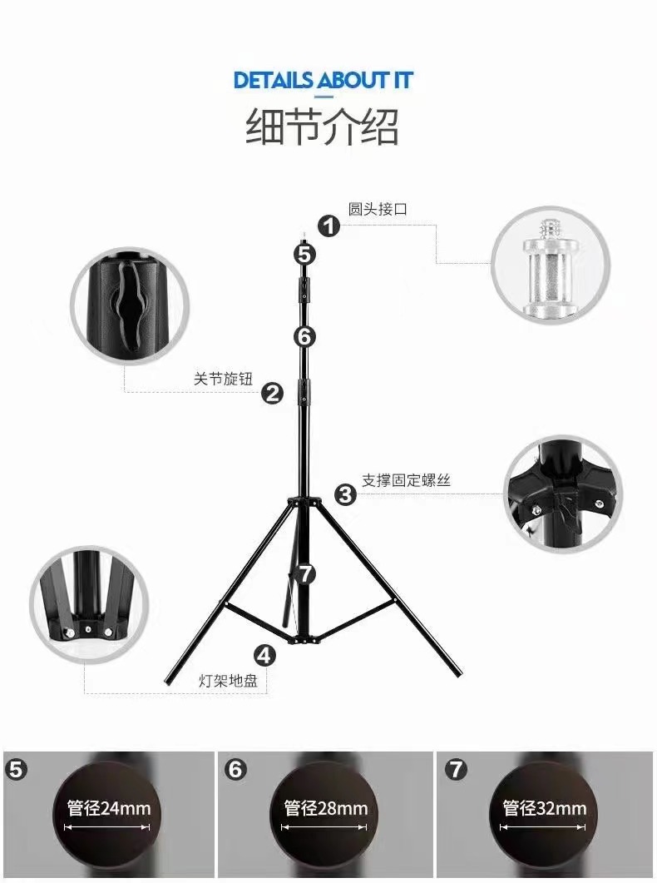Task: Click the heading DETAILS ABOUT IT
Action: pyautogui.click(x=323, y=81)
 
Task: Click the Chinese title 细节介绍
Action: pyautogui.click(x=323, y=126)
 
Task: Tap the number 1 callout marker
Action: pyautogui.click(x=329, y=226)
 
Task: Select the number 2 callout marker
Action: pyautogui.click(x=273, y=393)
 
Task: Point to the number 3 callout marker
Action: pyautogui.click(x=345, y=494)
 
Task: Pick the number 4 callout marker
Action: pyautogui.click(x=264, y=655)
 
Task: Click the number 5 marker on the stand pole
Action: pyautogui.click(x=304, y=255)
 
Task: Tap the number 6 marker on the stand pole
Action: pyautogui.click(x=304, y=337)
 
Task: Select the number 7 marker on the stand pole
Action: pyautogui.click(x=305, y=574)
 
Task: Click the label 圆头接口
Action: pyautogui.click(x=378, y=209)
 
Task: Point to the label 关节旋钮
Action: pyautogui.click(x=224, y=379)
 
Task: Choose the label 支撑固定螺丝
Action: pyautogui.click(x=406, y=480)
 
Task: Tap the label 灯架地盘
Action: pyautogui.click(x=228, y=680)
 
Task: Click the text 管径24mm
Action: pyautogui.click(x=109, y=808)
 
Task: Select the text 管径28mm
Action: pyautogui.click(x=326, y=808)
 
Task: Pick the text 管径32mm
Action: pyautogui.click(x=545, y=808)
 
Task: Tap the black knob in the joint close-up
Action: pyautogui.click(x=131, y=304)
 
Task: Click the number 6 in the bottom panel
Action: pyautogui.click(x=235, y=769)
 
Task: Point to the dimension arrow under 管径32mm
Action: pyautogui.click(x=543, y=827)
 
